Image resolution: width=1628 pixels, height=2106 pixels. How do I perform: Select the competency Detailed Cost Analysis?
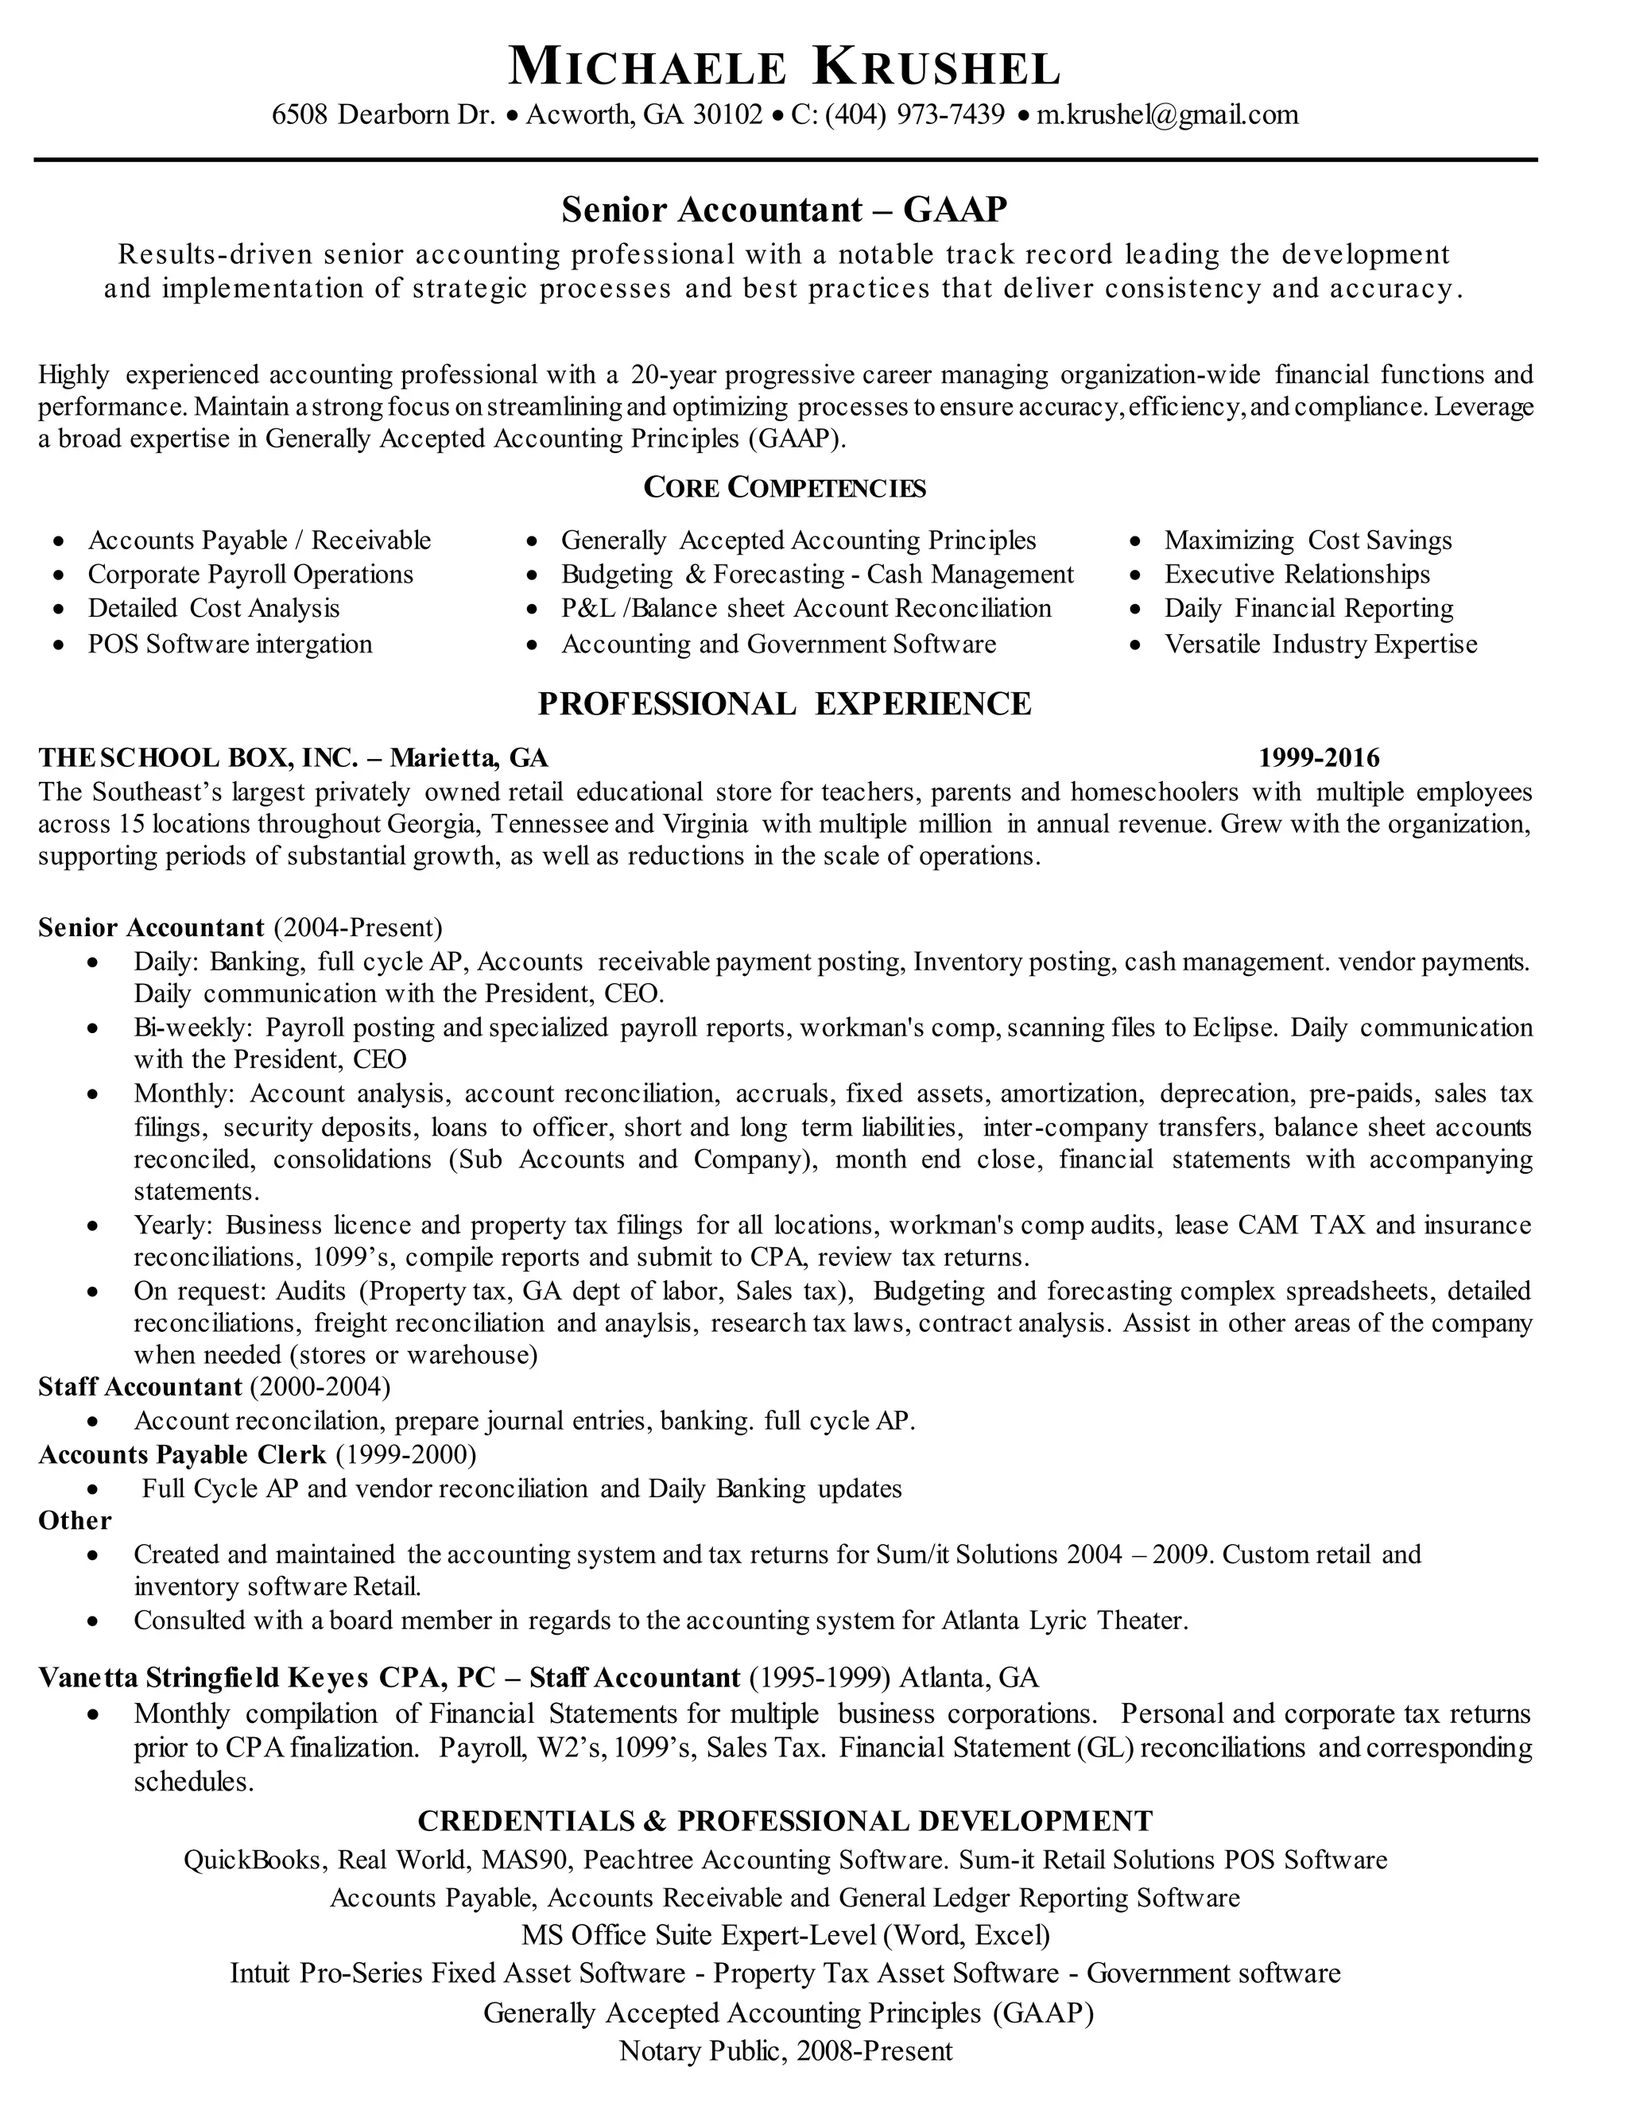tap(214, 609)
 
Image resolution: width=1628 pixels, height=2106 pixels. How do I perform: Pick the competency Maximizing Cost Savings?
tap(1308, 541)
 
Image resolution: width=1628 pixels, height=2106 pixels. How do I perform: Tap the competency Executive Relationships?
tap(1297, 575)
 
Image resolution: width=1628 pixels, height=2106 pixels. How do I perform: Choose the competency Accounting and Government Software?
tap(778, 645)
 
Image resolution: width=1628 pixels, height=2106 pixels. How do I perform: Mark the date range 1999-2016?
tap(1319, 758)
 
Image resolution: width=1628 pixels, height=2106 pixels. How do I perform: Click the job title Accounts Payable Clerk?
tap(182, 1454)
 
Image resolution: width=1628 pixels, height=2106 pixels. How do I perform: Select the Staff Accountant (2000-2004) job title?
tap(214, 1387)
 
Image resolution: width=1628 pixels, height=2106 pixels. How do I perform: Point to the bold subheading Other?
tap(74, 1520)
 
